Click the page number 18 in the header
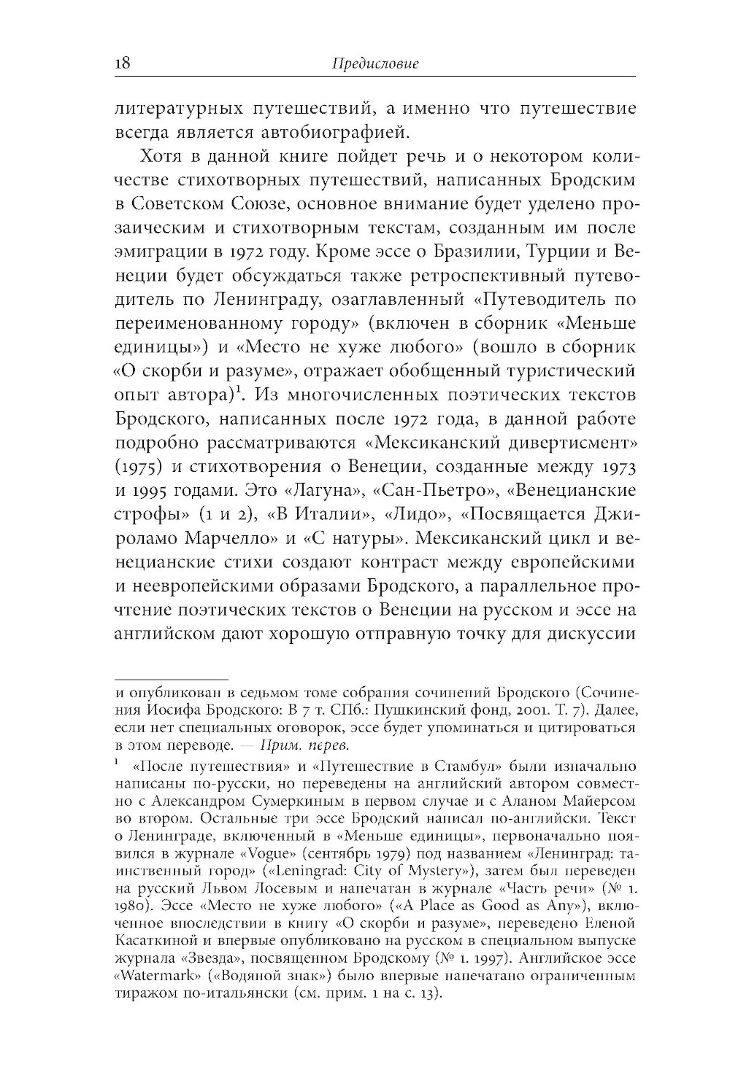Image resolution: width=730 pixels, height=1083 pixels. [x=123, y=63]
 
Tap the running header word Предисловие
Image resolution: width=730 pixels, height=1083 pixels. [x=375, y=64]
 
